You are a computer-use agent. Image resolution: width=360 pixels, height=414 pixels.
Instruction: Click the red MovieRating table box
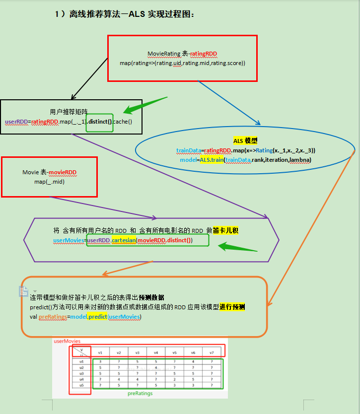tap(182, 58)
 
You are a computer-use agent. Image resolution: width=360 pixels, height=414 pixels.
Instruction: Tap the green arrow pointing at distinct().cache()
tap(145, 106)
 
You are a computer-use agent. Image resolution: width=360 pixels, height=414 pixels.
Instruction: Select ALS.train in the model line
tap(211, 160)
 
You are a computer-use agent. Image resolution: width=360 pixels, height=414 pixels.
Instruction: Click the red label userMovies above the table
tap(67, 342)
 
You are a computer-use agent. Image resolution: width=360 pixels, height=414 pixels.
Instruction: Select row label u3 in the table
tap(82, 373)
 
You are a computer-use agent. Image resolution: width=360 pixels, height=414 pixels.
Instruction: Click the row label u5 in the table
tap(82, 385)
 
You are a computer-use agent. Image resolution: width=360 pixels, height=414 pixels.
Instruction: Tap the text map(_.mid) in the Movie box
tap(49, 182)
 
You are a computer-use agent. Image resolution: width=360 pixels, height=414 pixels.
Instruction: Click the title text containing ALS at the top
tap(124, 14)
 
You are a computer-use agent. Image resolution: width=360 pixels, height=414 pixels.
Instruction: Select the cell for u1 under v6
tap(193, 361)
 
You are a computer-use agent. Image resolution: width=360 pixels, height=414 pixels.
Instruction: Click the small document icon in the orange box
tap(23, 291)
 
